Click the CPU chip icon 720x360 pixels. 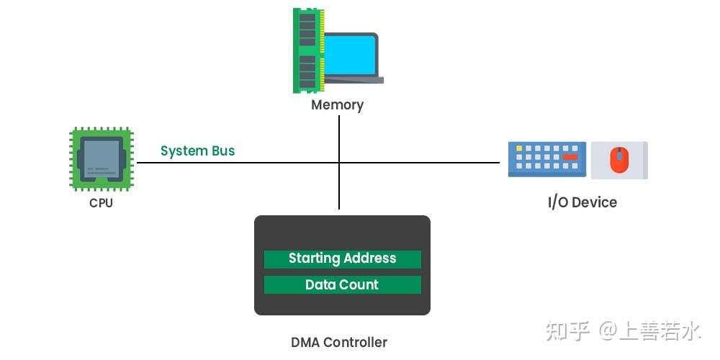101,159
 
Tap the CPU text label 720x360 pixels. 101,203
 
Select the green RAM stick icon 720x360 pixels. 307,50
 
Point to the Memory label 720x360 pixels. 337,105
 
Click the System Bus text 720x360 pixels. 197,151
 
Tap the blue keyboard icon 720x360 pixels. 546,159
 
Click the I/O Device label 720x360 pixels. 582,202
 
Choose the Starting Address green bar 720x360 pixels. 342,258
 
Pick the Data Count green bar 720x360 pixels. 342,285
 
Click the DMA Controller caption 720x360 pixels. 338,343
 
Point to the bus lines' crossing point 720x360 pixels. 339,163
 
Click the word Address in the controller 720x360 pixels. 369,258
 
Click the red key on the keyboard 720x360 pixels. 570,156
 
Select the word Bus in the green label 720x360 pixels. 221,151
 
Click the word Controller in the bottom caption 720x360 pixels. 355,343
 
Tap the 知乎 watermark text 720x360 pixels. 568,331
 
